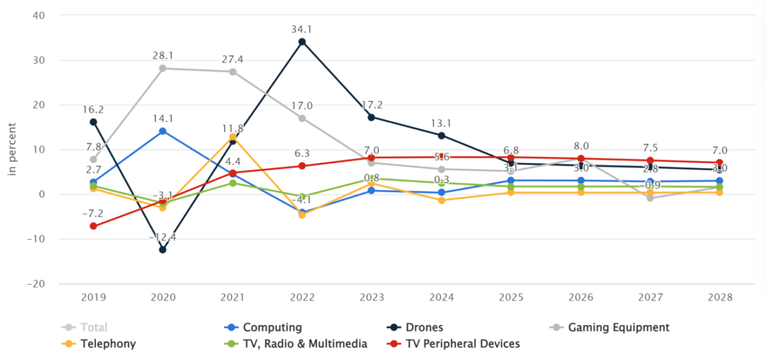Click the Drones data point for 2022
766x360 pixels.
[302, 41]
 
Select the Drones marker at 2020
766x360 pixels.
[163, 250]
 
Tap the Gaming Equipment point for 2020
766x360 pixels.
[163, 68]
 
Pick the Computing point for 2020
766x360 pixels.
[163, 131]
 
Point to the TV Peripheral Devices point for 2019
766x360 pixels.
[93, 226]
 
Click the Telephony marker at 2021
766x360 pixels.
[232, 137]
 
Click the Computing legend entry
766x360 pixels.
[271, 327]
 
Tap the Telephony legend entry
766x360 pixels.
[108, 344]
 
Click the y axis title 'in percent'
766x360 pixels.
[11, 149]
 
